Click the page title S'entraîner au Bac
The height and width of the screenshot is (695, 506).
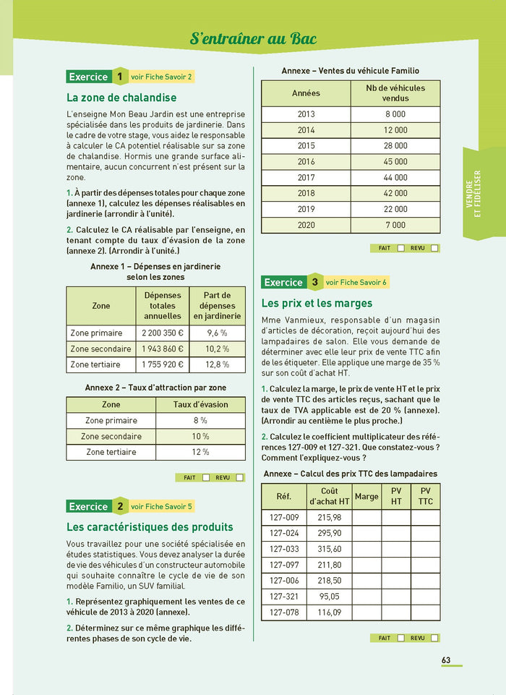(x=253, y=38)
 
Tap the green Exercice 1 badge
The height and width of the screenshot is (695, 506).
(x=97, y=77)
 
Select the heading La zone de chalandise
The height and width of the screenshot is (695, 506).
(x=121, y=97)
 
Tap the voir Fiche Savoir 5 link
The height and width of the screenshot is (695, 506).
(x=161, y=506)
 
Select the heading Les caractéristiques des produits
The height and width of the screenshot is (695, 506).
(x=150, y=526)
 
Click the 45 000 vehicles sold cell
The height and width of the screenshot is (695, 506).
(x=395, y=162)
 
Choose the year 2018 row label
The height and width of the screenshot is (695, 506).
(x=306, y=194)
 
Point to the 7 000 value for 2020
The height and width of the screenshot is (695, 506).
(x=395, y=226)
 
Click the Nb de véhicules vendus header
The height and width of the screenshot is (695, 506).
(x=395, y=93)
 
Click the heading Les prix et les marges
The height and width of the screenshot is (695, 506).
(x=317, y=303)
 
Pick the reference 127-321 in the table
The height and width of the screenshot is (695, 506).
(x=283, y=597)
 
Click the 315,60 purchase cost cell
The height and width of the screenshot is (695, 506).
(x=330, y=549)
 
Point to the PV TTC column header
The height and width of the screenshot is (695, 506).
(x=425, y=496)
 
